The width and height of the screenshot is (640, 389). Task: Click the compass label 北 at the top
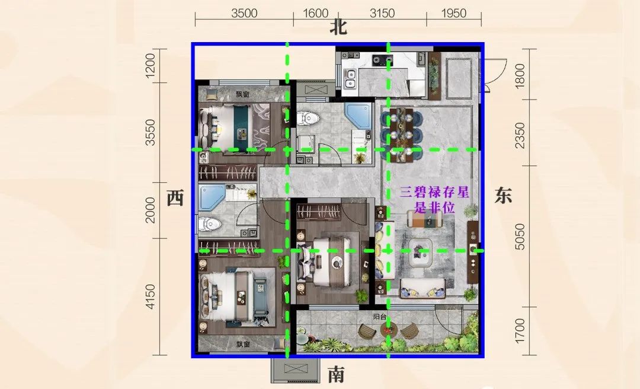tap(338, 27)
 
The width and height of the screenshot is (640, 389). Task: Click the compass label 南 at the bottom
tap(337, 374)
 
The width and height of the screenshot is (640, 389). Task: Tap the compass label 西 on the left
tap(175, 198)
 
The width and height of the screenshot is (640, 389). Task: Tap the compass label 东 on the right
tap(503, 195)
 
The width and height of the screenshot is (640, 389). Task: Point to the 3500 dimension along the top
tap(244, 14)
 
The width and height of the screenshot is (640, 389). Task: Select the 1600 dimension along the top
tap(315, 14)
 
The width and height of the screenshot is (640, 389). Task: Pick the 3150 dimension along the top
tap(382, 14)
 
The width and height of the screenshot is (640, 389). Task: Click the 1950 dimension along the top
tap(453, 14)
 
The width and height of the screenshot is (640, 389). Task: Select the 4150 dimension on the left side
tap(150, 296)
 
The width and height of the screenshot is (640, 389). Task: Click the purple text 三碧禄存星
tap(434, 192)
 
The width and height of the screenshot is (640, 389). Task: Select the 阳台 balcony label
tap(380, 316)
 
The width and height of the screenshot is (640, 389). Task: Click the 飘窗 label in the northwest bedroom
tap(242, 94)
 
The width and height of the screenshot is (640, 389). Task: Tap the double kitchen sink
tap(350, 79)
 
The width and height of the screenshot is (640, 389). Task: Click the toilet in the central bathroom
tap(306, 119)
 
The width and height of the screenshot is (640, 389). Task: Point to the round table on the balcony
tap(389, 330)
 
